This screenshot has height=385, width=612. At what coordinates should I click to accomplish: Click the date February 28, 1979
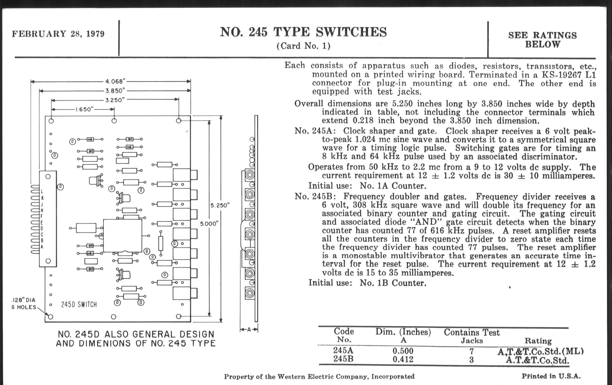[58, 34]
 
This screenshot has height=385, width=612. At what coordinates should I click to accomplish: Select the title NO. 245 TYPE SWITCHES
[303, 32]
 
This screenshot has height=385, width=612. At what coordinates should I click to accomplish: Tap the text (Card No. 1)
[303, 46]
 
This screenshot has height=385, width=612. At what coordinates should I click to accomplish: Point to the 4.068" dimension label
[116, 81]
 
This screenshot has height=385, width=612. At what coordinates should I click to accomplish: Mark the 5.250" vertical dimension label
[220, 205]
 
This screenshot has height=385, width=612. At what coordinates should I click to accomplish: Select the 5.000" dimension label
[209, 224]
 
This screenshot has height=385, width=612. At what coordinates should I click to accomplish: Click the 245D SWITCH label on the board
[79, 304]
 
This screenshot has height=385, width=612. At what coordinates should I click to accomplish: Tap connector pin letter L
[42, 191]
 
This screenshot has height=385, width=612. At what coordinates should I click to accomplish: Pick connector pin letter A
[42, 247]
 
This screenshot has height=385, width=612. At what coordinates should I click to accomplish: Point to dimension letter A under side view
[249, 330]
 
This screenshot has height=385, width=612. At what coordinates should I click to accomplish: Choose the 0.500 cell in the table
[403, 351]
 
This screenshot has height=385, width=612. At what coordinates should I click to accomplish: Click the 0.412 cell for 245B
[403, 359]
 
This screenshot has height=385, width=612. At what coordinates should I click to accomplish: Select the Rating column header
[538, 341]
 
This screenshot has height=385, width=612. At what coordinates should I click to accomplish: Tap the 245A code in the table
[343, 351]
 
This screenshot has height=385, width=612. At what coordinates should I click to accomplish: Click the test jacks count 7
[471, 351]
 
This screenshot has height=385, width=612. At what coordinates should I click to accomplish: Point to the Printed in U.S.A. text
[551, 376]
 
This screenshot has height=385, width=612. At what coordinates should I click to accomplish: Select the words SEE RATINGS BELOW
[542, 40]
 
